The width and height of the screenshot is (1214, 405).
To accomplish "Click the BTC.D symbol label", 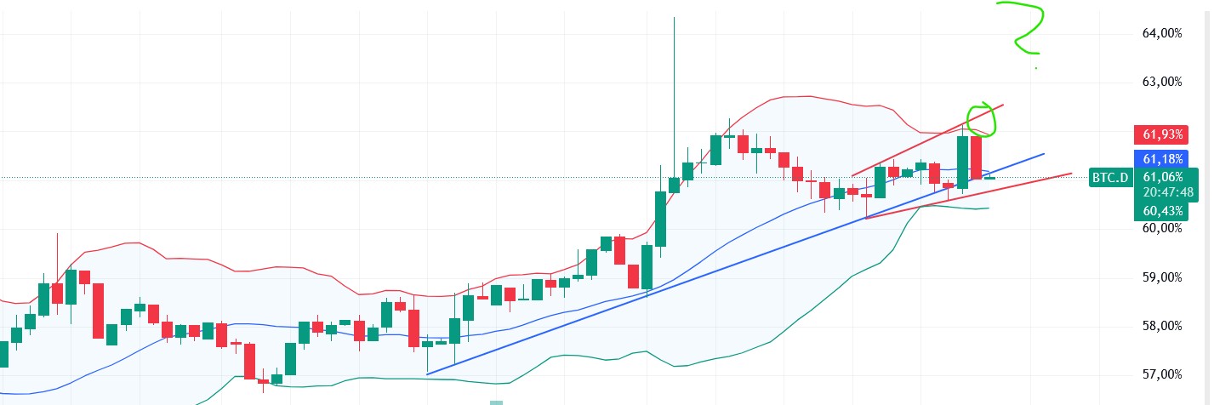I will click(1111, 177).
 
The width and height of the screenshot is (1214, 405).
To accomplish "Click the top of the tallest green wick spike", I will click(674, 17).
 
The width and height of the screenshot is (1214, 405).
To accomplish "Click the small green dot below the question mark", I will click(1035, 67).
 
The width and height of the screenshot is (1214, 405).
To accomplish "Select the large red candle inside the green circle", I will click(977, 157).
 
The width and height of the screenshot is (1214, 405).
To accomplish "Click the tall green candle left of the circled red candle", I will click(963, 162).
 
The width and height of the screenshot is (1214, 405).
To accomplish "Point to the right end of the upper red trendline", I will click(1004, 105).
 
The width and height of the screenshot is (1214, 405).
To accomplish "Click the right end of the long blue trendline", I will click(1044, 154).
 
